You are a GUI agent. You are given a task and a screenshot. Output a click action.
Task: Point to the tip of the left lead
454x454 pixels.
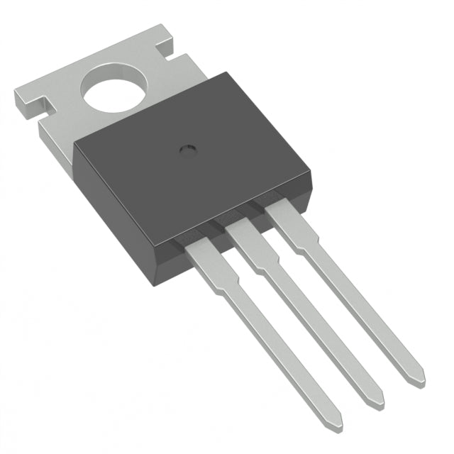(x=333, y=424)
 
